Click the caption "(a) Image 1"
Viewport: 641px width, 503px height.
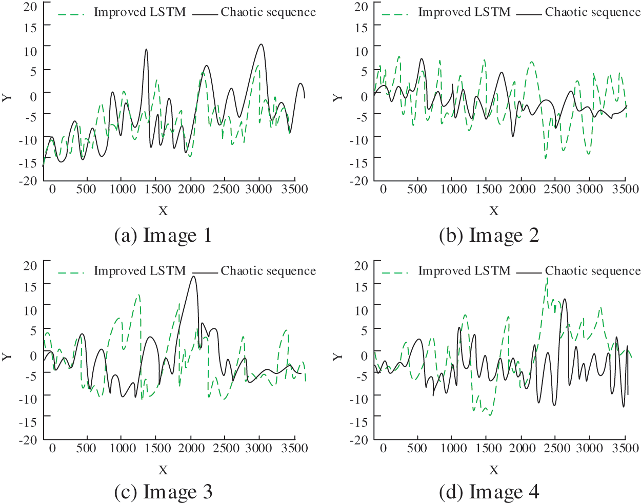pyautogui.click(x=163, y=235)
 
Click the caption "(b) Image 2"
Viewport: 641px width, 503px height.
pyautogui.click(x=489, y=235)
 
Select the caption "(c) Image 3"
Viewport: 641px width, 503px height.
pyautogui.click(x=163, y=492)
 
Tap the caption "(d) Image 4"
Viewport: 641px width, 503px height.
pyautogui.click(x=489, y=492)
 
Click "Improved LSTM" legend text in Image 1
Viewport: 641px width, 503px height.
pyautogui.click(x=139, y=12)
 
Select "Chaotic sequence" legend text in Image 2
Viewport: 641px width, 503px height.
pyautogui.click(x=592, y=12)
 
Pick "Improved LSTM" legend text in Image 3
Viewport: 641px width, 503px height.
pyautogui.click(x=139, y=271)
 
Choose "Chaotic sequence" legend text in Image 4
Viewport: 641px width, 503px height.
pyautogui.click(x=592, y=271)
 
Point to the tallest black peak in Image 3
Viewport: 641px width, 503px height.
pyautogui.click(x=193, y=277)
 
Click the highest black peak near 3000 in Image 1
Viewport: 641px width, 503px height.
pyautogui.click(x=261, y=44)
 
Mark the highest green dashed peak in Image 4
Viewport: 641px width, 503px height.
pyautogui.click(x=547, y=278)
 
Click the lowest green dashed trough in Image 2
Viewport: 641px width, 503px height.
pyautogui.click(x=545, y=158)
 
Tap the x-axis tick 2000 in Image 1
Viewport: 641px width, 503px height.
pyautogui.click(x=191, y=189)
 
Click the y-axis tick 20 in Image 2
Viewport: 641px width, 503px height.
pyautogui.click(x=361, y=7)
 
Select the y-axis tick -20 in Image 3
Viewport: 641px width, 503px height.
pyautogui.click(x=28, y=439)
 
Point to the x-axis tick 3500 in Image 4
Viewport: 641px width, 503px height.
pyautogui.click(x=625, y=448)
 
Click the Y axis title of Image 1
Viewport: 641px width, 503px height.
pyautogui.click(x=7, y=97)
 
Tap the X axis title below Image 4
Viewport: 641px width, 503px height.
pyautogui.click(x=493, y=470)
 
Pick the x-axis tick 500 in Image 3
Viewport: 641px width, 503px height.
pyautogui.click(x=86, y=448)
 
